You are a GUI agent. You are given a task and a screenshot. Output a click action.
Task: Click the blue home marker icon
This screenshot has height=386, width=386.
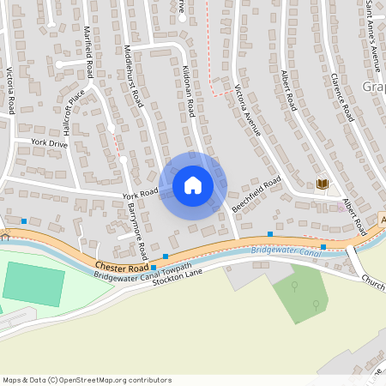(x=193, y=185)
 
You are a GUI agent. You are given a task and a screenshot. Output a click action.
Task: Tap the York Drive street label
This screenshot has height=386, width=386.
(x=48, y=143)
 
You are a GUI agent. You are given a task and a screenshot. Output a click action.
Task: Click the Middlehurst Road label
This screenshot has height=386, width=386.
(x=132, y=75)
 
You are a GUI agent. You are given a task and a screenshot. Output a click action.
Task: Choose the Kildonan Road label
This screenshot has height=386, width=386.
(x=188, y=90)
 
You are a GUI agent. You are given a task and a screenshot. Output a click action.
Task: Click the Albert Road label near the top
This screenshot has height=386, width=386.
(x=288, y=89)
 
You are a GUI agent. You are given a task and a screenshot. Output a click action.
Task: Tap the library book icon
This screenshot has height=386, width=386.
(x=323, y=184)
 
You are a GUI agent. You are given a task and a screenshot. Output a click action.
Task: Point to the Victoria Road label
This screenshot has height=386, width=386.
(x=10, y=92)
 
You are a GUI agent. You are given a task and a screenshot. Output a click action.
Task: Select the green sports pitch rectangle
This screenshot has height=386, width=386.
(x=33, y=284)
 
